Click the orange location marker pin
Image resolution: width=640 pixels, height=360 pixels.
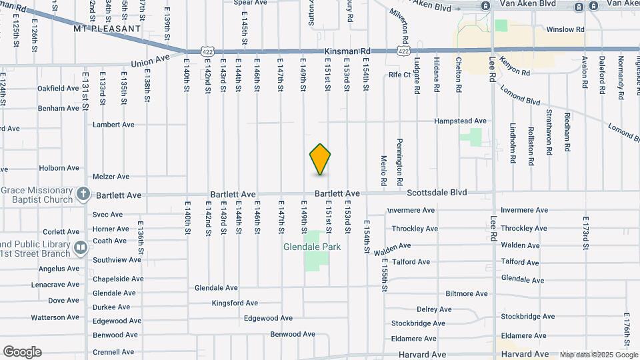pyautogui.click(x=321, y=159)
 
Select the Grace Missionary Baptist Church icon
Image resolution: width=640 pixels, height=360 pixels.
pyautogui.click(x=83, y=194)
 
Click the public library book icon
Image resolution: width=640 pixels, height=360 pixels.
pyautogui.click(x=81, y=248)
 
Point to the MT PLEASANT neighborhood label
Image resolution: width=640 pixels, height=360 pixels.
pyautogui.click(x=107, y=29)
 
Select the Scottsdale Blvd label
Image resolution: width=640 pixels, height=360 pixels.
pyautogui.click(x=437, y=193)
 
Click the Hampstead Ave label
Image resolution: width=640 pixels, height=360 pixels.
pyautogui.click(x=460, y=121)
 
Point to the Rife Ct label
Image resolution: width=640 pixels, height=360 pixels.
pyautogui.click(x=400, y=75)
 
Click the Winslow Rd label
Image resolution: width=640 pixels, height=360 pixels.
pyautogui.click(x=565, y=30)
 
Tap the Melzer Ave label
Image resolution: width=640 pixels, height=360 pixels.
pyautogui.click(x=111, y=177)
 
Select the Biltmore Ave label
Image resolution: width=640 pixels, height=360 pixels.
pyautogui.click(x=467, y=293)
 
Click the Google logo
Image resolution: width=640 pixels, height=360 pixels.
pyautogui.click(x=22, y=352)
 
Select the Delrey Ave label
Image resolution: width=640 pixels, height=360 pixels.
pyautogui.click(x=435, y=309)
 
